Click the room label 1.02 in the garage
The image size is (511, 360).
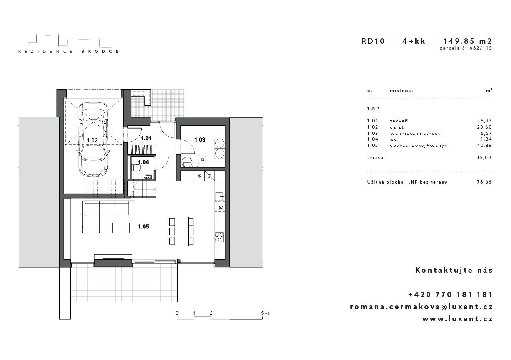(92, 140)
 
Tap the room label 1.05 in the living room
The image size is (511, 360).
(143, 226)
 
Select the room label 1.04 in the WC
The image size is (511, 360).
(143, 162)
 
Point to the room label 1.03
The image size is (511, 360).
(200, 139)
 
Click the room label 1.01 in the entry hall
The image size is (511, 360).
(146, 138)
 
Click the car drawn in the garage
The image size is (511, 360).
(93, 139)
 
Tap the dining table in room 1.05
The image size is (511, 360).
(181, 231)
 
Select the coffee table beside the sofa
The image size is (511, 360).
(121, 228)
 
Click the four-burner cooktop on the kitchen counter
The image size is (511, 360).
(219, 237)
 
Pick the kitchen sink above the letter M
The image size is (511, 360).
(219, 196)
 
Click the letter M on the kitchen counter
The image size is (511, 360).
(221, 208)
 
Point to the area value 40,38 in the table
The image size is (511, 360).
(484, 145)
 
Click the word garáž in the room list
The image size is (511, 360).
(397, 127)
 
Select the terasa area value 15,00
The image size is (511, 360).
(484, 157)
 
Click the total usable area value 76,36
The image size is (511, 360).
(484, 182)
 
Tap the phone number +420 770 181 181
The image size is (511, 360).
(451, 295)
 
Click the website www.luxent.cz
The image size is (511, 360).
(458, 319)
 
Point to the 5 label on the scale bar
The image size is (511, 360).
(262, 313)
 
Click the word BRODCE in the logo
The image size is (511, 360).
(100, 52)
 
